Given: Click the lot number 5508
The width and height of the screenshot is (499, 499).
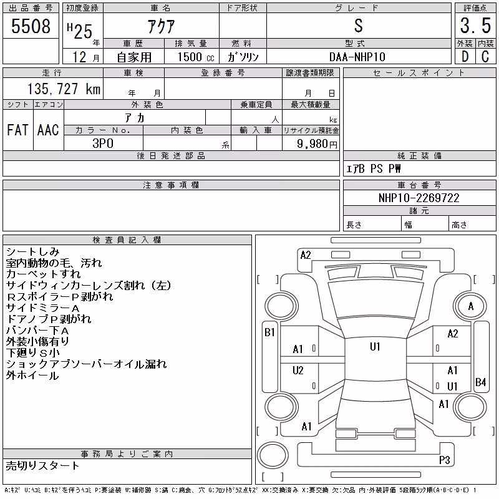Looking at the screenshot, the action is click(31, 26).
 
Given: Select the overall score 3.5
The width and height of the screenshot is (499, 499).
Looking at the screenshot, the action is click(475, 26).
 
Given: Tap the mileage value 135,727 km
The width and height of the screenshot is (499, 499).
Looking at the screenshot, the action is click(64, 89).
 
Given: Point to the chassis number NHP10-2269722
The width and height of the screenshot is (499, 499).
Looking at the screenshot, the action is click(419, 198).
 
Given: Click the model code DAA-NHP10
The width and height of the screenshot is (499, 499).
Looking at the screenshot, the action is click(357, 57).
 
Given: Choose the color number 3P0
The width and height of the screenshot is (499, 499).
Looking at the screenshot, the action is click(103, 143).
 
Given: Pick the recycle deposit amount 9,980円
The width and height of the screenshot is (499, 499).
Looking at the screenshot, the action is click(317, 143).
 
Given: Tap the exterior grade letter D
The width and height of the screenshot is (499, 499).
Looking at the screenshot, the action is click(465, 57).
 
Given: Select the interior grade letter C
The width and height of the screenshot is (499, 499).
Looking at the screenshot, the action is click(485, 57).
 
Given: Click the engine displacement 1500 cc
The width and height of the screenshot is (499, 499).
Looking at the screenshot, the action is click(196, 57).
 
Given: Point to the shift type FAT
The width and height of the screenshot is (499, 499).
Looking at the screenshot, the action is click(17, 130).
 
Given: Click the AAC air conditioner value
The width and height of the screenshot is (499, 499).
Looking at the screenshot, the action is click(48, 130).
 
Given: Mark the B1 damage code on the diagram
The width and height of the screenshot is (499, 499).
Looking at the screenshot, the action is click(269, 332).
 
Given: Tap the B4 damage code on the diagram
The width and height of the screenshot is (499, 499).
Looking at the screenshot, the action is click(480, 382).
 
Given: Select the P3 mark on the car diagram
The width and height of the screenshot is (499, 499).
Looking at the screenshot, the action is click(444, 460).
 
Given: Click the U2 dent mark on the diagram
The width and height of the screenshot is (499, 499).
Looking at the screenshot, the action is click(298, 370).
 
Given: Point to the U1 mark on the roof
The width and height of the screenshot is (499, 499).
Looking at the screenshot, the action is click(375, 346).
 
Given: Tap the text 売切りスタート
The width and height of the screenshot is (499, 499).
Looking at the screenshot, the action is click(42, 466).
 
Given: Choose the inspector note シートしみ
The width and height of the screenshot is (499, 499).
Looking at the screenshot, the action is click(33, 252).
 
